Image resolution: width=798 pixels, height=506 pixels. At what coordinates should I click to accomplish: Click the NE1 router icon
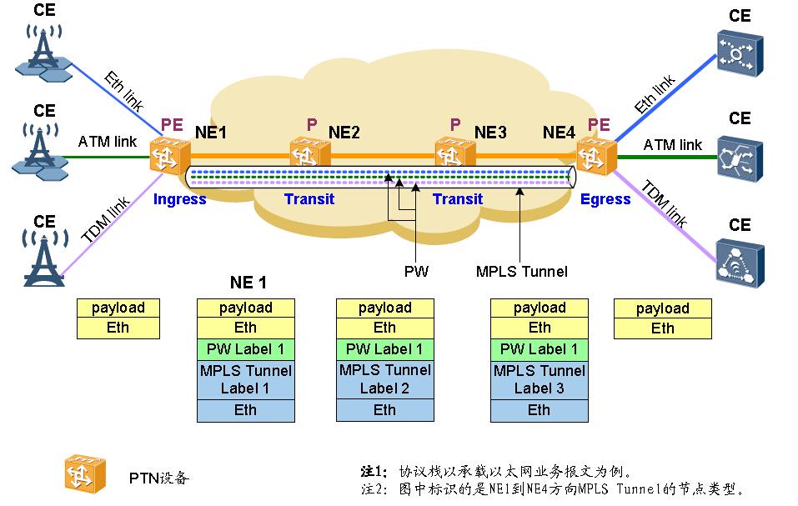click(170, 155)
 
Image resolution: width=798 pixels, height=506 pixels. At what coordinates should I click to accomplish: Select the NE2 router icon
click(310, 153)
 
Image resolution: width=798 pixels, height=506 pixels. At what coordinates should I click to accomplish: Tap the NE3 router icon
click(455, 153)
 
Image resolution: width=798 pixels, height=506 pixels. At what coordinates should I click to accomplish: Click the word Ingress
click(179, 199)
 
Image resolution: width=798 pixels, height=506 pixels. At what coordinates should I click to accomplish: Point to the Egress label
click(605, 199)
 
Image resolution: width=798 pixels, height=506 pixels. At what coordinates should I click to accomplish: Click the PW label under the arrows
click(415, 271)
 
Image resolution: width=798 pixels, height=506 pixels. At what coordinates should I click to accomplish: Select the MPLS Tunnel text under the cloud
click(521, 271)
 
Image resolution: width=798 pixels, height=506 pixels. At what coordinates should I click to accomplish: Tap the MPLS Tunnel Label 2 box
click(384, 379)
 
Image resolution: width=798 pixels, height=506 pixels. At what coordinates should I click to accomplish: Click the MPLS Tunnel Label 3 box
click(539, 379)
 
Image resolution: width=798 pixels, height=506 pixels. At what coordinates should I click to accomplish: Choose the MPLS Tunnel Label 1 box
click(245, 379)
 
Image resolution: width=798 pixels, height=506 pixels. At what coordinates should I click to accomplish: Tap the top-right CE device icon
click(739, 53)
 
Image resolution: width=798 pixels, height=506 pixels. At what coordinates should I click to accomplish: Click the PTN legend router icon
click(86, 476)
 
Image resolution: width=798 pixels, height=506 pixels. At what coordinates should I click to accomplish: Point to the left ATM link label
click(108, 142)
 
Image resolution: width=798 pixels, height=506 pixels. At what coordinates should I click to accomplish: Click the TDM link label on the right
click(665, 204)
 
